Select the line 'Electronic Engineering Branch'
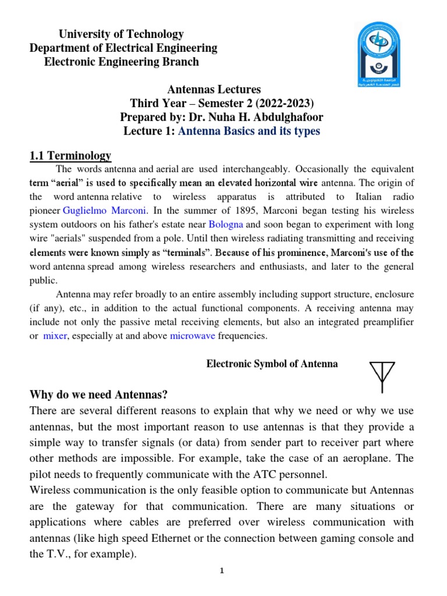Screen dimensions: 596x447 [x=122, y=62]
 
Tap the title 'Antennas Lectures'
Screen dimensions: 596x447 [x=214, y=90]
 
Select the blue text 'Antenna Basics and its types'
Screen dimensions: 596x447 [x=249, y=132]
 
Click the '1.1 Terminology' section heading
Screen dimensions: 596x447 [x=70, y=156]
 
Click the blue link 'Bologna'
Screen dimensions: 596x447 [x=226, y=225]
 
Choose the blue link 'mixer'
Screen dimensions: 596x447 [x=55, y=336]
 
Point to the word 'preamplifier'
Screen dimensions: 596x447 [x=386, y=322]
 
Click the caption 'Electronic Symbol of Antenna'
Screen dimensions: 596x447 [x=272, y=364]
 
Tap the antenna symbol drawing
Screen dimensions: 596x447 [x=382, y=376]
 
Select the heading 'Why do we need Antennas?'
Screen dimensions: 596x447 [x=98, y=395]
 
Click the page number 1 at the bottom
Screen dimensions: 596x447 [x=222, y=571]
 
